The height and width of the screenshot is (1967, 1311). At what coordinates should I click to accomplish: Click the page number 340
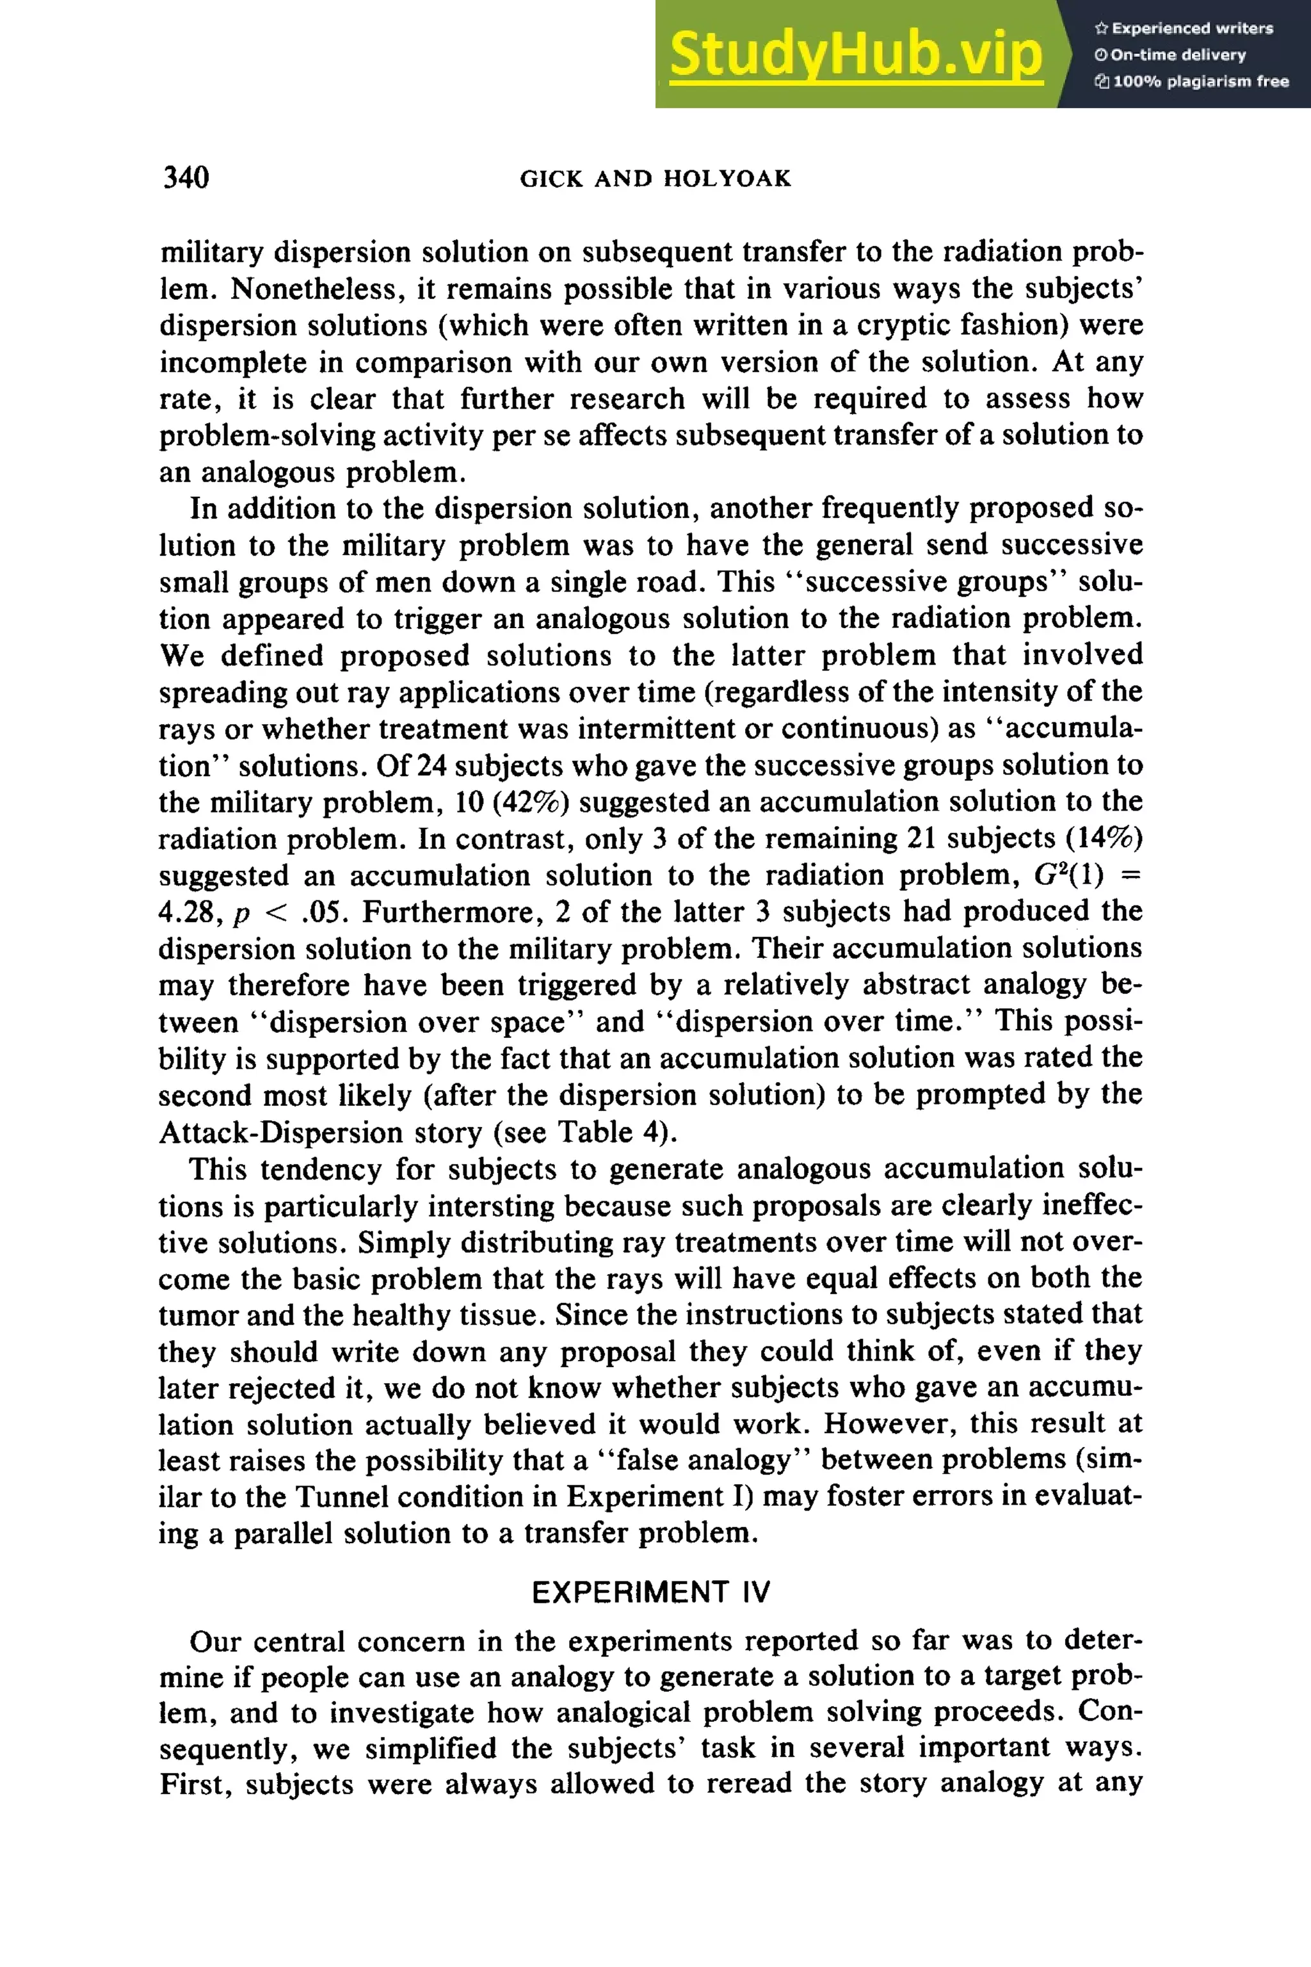[x=186, y=177]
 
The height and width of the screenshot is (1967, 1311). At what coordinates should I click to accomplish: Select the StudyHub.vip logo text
[x=855, y=54]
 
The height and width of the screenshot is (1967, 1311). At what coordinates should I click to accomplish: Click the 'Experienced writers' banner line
[x=1184, y=28]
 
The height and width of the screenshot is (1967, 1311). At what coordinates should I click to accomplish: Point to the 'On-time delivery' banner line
[x=1171, y=55]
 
